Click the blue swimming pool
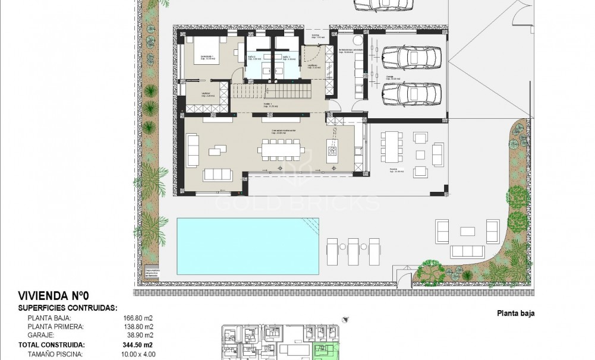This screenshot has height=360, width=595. click(x=247, y=246)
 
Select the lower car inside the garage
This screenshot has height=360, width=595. click(x=411, y=93)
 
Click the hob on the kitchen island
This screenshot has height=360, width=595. click(x=331, y=151)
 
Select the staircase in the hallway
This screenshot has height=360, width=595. click(x=279, y=93)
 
